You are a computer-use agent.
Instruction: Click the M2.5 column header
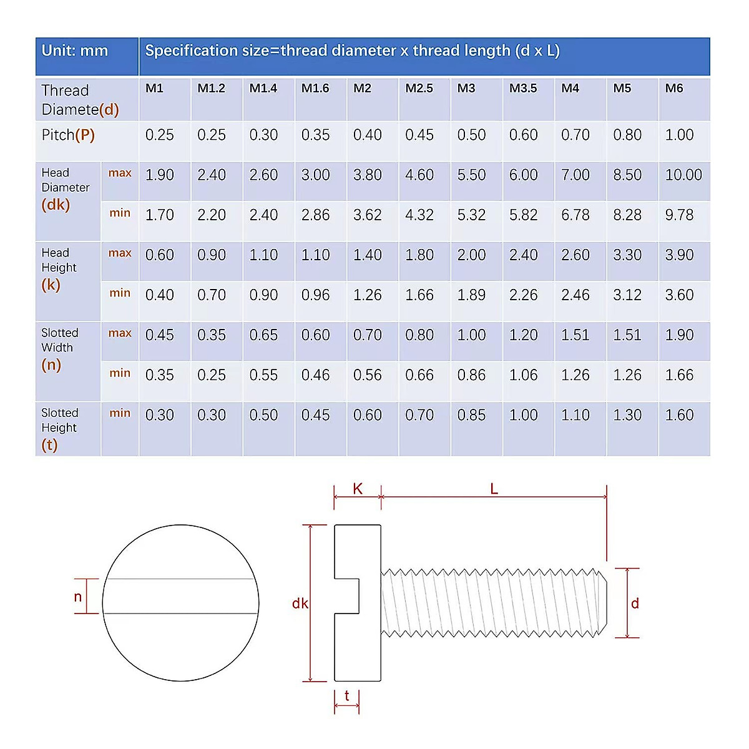[x=419, y=89]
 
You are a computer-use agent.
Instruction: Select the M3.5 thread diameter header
[x=523, y=89]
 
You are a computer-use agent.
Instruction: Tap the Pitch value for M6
[x=679, y=135]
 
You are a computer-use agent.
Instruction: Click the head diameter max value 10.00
[x=683, y=175]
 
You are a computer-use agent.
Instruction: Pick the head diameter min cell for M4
[x=575, y=215]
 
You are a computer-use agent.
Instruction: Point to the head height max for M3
[x=471, y=255]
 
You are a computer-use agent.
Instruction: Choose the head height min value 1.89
[x=471, y=295]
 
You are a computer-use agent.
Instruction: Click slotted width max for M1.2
[x=212, y=335]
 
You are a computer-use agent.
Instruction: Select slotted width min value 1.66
[x=679, y=375]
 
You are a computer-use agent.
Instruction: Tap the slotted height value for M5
[x=627, y=415]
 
